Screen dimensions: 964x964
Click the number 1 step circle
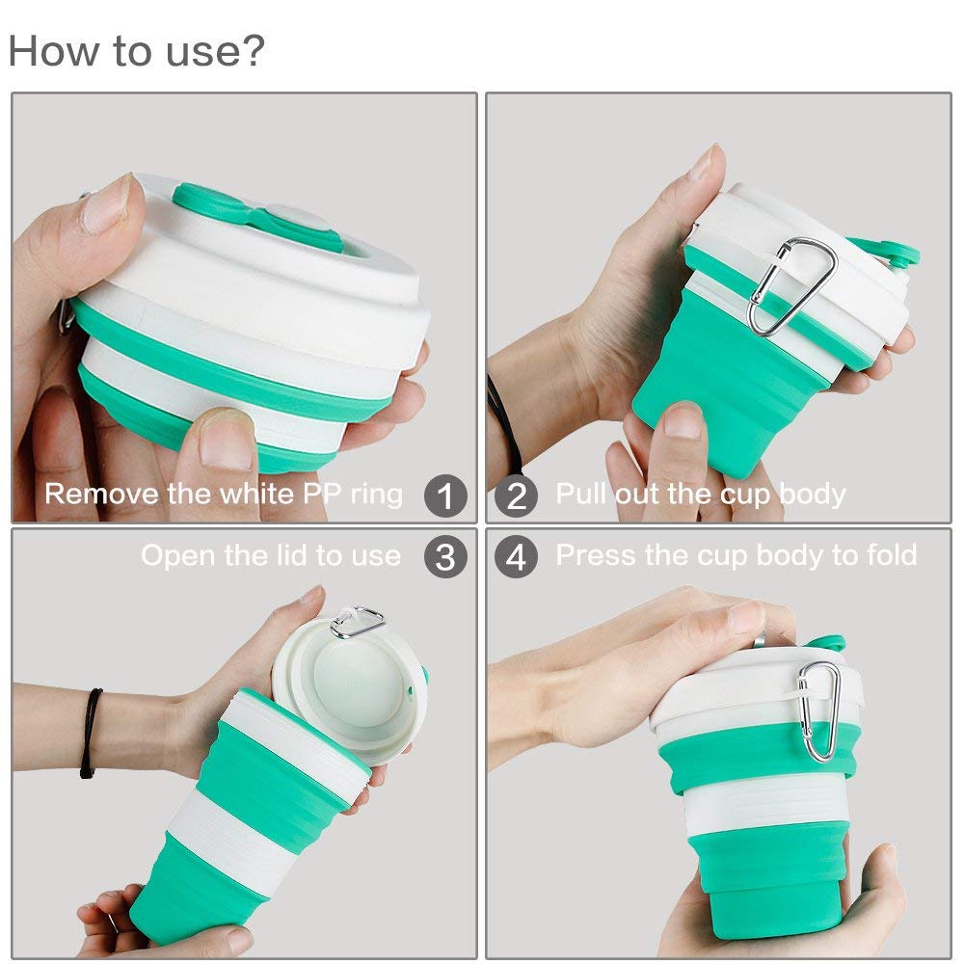click(445, 496)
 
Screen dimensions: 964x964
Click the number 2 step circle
click(517, 496)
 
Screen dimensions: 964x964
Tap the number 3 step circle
click(445, 557)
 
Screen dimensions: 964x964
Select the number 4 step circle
click(517, 557)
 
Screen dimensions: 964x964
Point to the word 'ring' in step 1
click(376, 495)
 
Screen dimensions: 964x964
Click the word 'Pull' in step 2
click(578, 495)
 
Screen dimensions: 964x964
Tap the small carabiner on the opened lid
click(358, 622)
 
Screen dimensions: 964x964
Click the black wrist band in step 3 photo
click(91, 733)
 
